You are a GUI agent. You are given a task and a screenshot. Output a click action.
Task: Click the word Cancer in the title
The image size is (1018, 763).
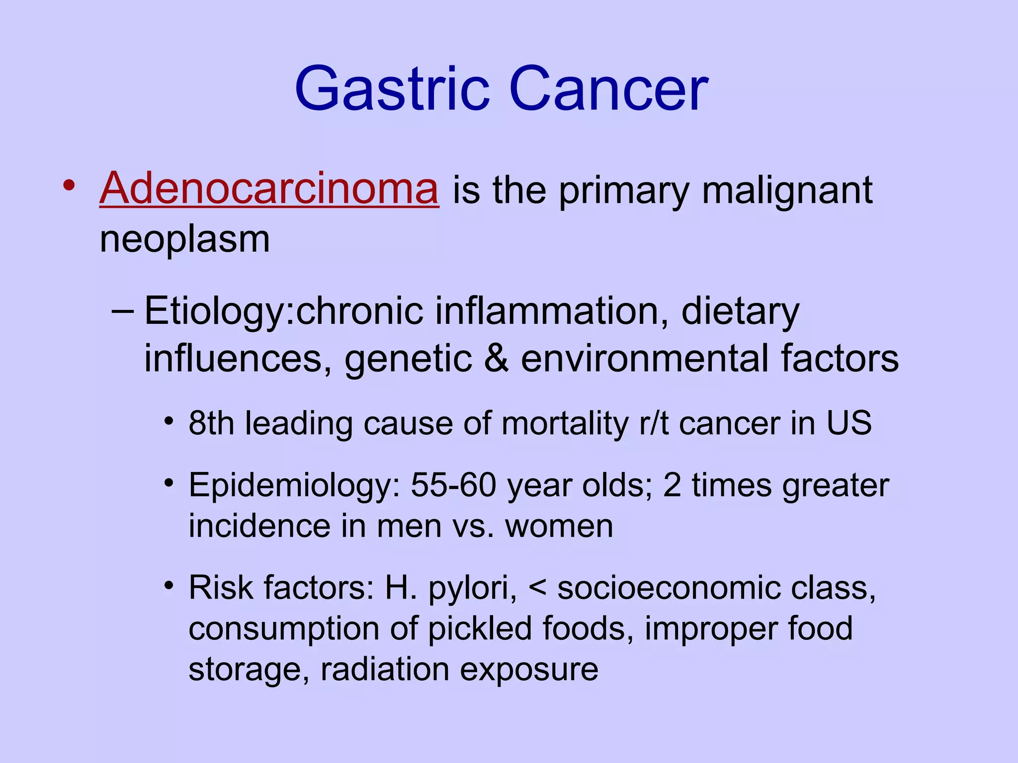pyautogui.click(x=608, y=89)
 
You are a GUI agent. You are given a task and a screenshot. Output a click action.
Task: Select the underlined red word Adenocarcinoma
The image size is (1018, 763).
pyautogui.click(x=269, y=189)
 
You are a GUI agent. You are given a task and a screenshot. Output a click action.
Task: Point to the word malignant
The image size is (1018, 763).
pyautogui.click(x=787, y=191)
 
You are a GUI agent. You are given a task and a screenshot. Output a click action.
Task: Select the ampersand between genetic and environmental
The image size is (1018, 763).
pyautogui.click(x=496, y=359)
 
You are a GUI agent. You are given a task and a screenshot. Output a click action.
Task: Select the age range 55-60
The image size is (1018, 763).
pyautogui.click(x=453, y=485)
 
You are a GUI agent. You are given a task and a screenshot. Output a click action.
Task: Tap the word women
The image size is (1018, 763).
pyautogui.click(x=559, y=527)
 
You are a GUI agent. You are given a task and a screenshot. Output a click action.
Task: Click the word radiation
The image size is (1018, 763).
pyautogui.click(x=385, y=670)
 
